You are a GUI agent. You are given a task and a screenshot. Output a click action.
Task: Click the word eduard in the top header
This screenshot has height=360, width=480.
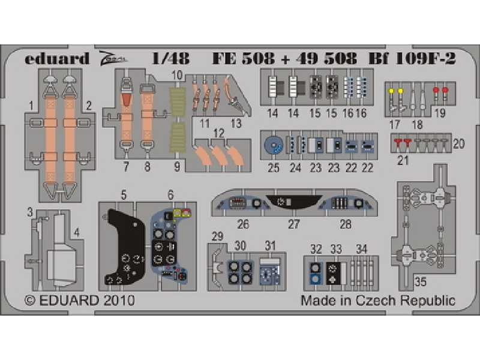pos(57,58)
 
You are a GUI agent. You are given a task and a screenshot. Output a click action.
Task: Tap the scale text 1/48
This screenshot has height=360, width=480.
pos(170,58)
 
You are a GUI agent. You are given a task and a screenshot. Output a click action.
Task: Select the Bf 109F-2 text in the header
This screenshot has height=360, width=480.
pos(412,58)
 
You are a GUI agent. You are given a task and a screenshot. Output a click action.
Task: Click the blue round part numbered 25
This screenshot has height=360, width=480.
pos(274,145)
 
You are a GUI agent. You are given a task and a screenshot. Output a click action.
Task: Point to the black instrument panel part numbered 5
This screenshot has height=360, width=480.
pos(125,247)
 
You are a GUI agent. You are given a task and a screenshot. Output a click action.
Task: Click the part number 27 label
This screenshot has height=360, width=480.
pos(294,224)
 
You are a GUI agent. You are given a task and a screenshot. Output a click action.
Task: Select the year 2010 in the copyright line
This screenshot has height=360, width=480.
pos(119,301)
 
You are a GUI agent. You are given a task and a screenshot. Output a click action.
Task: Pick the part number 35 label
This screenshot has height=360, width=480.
pos(421,281)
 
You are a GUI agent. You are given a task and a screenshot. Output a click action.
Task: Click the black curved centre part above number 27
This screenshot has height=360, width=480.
pos(294,202)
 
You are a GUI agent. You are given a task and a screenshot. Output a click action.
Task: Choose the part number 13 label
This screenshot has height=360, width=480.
pos(236,124)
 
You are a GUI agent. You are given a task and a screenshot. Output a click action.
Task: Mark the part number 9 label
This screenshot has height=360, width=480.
pos(177,167)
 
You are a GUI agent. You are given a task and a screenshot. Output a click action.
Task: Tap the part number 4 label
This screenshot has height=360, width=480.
pos(77,233)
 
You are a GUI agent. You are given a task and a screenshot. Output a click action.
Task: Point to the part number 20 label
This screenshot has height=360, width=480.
pos(458,143)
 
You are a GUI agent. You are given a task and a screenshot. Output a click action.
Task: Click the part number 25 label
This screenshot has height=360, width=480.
pos(274,168)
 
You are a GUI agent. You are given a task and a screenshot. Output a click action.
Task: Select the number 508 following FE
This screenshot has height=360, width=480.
pos(258,58)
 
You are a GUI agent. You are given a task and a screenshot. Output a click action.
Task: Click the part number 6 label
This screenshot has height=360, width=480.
pos(170,194)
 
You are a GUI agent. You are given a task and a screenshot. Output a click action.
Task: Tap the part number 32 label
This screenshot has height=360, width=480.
pos(316,249)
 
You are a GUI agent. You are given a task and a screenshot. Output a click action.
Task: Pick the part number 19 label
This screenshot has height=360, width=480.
pos(440,113)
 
